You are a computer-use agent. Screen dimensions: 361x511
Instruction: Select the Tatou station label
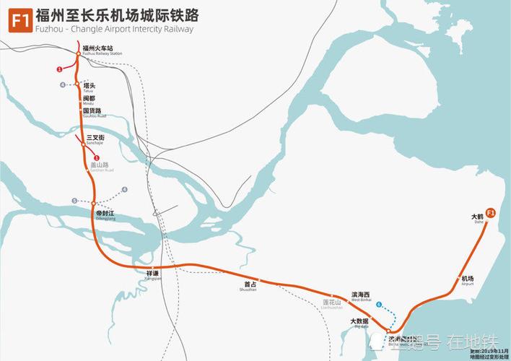(x=89, y=86)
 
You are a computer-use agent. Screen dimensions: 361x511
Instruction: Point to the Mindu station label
(x=89, y=100)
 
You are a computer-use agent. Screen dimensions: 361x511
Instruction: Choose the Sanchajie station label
(x=96, y=139)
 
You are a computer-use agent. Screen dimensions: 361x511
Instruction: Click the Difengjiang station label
(x=105, y=216)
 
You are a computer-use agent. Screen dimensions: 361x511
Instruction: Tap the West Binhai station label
(x=361, y=296)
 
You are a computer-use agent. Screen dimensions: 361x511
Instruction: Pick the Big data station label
(x=359, y=322)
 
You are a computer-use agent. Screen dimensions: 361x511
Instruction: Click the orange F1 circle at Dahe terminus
(x=491, y=213)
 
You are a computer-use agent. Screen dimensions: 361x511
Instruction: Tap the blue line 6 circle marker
(x=378, y=305)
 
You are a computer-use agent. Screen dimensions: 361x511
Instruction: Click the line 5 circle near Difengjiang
(x=74, y=201)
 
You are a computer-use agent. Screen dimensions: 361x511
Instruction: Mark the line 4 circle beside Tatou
(x=63, y=85)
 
